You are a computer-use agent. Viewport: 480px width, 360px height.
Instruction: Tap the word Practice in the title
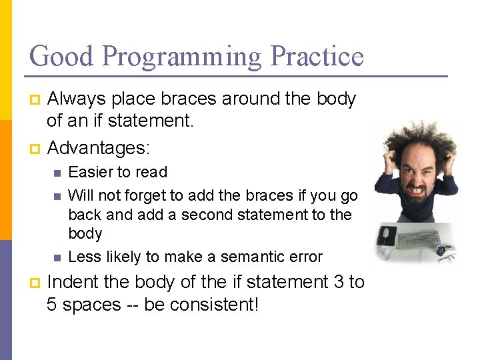pyautogui.click(x=316, y=56)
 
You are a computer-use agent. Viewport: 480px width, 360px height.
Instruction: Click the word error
pyautogui.click(x=306, y=257)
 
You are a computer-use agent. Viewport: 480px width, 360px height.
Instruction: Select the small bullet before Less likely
pyautogui.click(x=57, y=257)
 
